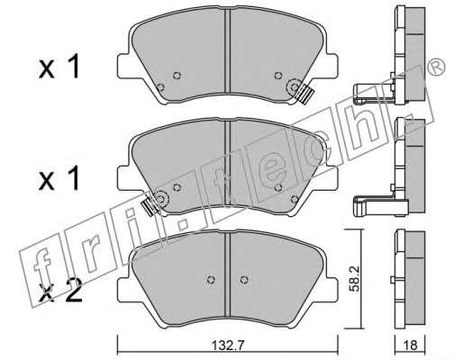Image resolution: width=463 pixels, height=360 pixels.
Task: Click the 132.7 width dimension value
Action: point(228,346)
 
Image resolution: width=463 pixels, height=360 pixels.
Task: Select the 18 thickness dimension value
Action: point(410,346)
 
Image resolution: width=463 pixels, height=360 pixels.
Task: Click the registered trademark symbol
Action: point(436,67)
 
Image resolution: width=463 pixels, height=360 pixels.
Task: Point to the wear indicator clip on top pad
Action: point(304,94)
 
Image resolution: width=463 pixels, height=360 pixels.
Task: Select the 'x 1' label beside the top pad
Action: point(59,67)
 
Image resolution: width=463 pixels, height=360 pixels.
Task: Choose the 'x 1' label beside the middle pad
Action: point(59,179)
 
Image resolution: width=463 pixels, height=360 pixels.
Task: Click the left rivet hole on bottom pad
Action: point(212,279)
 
